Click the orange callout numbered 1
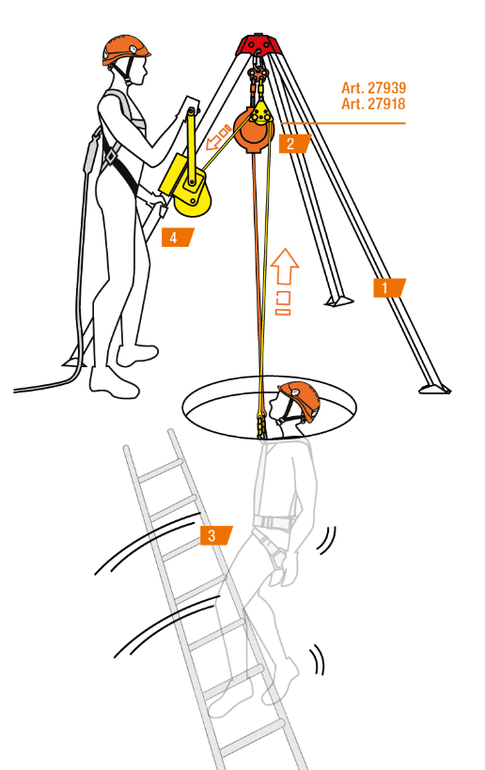tap(389, 287)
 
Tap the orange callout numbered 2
tap(295, 144)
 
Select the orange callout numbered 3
tap(216, 535)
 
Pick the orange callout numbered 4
tap(178, 238)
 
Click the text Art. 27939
tap(373, 88)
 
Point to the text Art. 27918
tap(373, 103)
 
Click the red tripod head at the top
tap(259, 44)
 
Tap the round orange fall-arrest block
tap(252, 132)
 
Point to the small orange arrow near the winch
tap(218, 138)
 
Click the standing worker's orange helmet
tap(125, 49)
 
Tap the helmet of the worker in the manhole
tap(299, 399)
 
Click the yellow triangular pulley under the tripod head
tap(261, 114)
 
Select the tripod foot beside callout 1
tap(435, 389)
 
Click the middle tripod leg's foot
tap(338, 301)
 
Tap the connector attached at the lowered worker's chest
tap(261, 425)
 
